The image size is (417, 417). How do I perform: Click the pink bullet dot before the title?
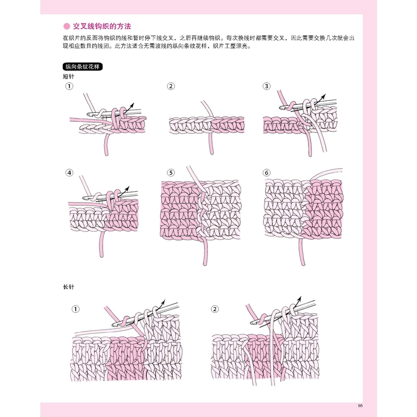(x=66, y=26)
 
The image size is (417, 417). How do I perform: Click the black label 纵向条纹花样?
(x=82, y=66)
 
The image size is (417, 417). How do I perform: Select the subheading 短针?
(x=68, y=77)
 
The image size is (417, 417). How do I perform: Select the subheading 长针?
(x=68, y=287)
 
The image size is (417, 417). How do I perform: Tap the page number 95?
(x=360, y=406)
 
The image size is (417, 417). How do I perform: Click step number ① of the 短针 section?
(x=69, y=86)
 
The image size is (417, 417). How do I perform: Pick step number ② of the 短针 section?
(x=171, y=86)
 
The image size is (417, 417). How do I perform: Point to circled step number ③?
(x=266, y=86)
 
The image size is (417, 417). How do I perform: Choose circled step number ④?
(x=69, y=173)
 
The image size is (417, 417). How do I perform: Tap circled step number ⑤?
(x=171, y=173)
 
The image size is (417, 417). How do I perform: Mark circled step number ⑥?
(x=266, y=173)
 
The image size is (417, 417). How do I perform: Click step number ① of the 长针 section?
(x=75, y=309)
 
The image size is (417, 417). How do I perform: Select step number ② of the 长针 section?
(x=215, y=309)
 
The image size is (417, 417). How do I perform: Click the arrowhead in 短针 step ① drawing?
(x=132, y=105)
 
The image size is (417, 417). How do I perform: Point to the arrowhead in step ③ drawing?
(x=323, y=96)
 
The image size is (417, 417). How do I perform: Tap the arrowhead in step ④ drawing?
(x=127, y=188)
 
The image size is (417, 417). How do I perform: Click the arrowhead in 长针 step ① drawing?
(x=163, y=302)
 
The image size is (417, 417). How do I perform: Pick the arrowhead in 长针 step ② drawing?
(x=299, y=298)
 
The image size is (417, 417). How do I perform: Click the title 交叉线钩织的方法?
(x=102, y=26)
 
